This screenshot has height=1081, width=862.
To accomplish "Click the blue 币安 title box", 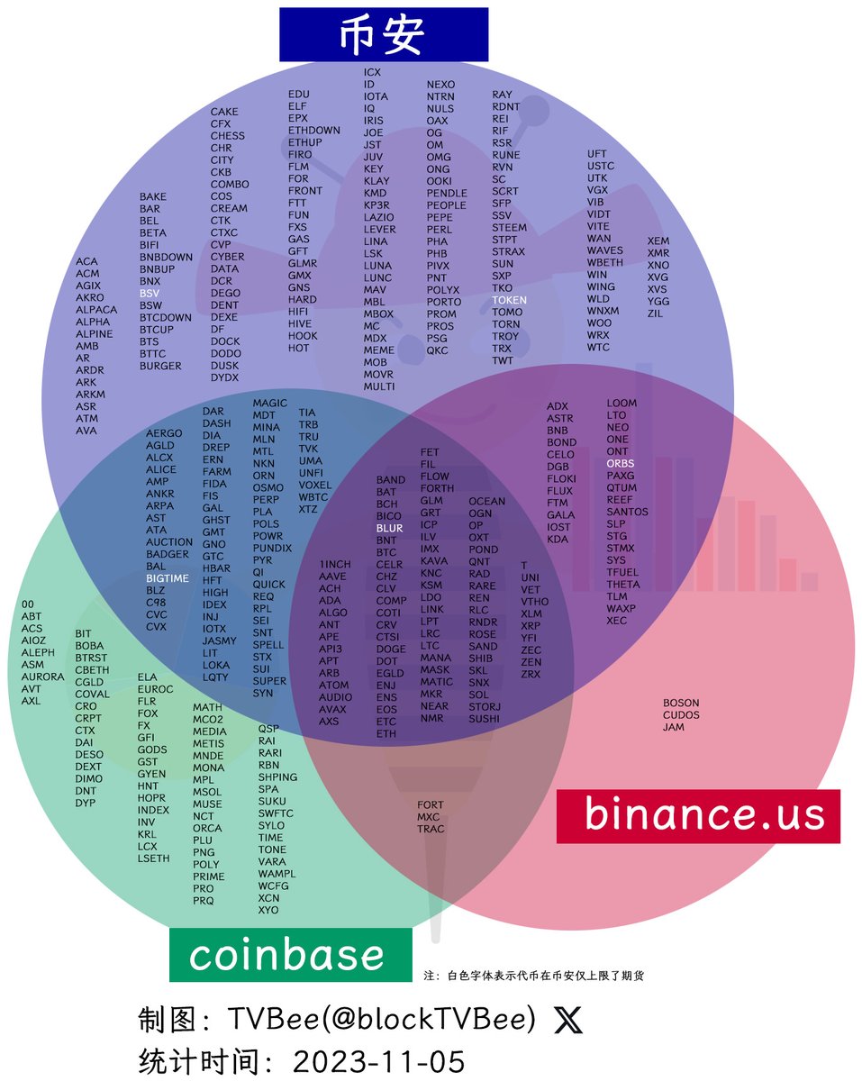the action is tap(383, 34).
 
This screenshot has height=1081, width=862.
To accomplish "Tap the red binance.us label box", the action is tap(698, 815).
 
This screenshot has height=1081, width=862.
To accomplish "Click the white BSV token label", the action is tap(150, 294).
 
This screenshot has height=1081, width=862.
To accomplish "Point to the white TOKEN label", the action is tap(510, 300).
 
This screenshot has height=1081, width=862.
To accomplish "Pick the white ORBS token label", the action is tap(621, 464).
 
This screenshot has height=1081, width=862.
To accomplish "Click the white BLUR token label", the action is tap(389, 528).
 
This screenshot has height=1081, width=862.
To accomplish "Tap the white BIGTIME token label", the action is tap(168, 578).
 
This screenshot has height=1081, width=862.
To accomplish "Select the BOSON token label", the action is tap(681, 703).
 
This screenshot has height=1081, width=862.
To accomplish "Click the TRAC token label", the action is tap(431, 829).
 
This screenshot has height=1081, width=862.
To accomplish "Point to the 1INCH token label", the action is tap(335, 565).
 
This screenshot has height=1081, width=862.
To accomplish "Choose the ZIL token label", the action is tap(656, 313).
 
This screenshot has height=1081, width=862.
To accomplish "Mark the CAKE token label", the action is tap(224, 112).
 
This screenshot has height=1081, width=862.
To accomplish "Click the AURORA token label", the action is tap(42, 677).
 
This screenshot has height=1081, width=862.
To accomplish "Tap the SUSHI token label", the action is tap(485, 719).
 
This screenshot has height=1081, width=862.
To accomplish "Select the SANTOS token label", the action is tap(627, 512).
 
